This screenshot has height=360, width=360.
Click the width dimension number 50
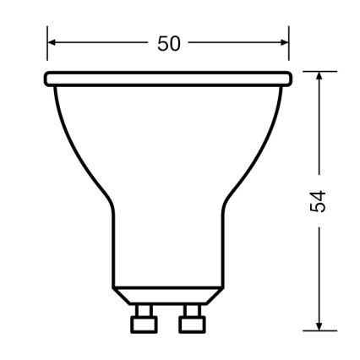(169, 42)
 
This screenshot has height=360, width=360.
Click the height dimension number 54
(318, 201)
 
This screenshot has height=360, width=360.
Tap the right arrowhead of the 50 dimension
(285, 41)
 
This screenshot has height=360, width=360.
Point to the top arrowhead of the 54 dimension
(319, 77)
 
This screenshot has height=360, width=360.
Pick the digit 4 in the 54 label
(318, 194)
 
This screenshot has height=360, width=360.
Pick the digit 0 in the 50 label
(176, 42)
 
